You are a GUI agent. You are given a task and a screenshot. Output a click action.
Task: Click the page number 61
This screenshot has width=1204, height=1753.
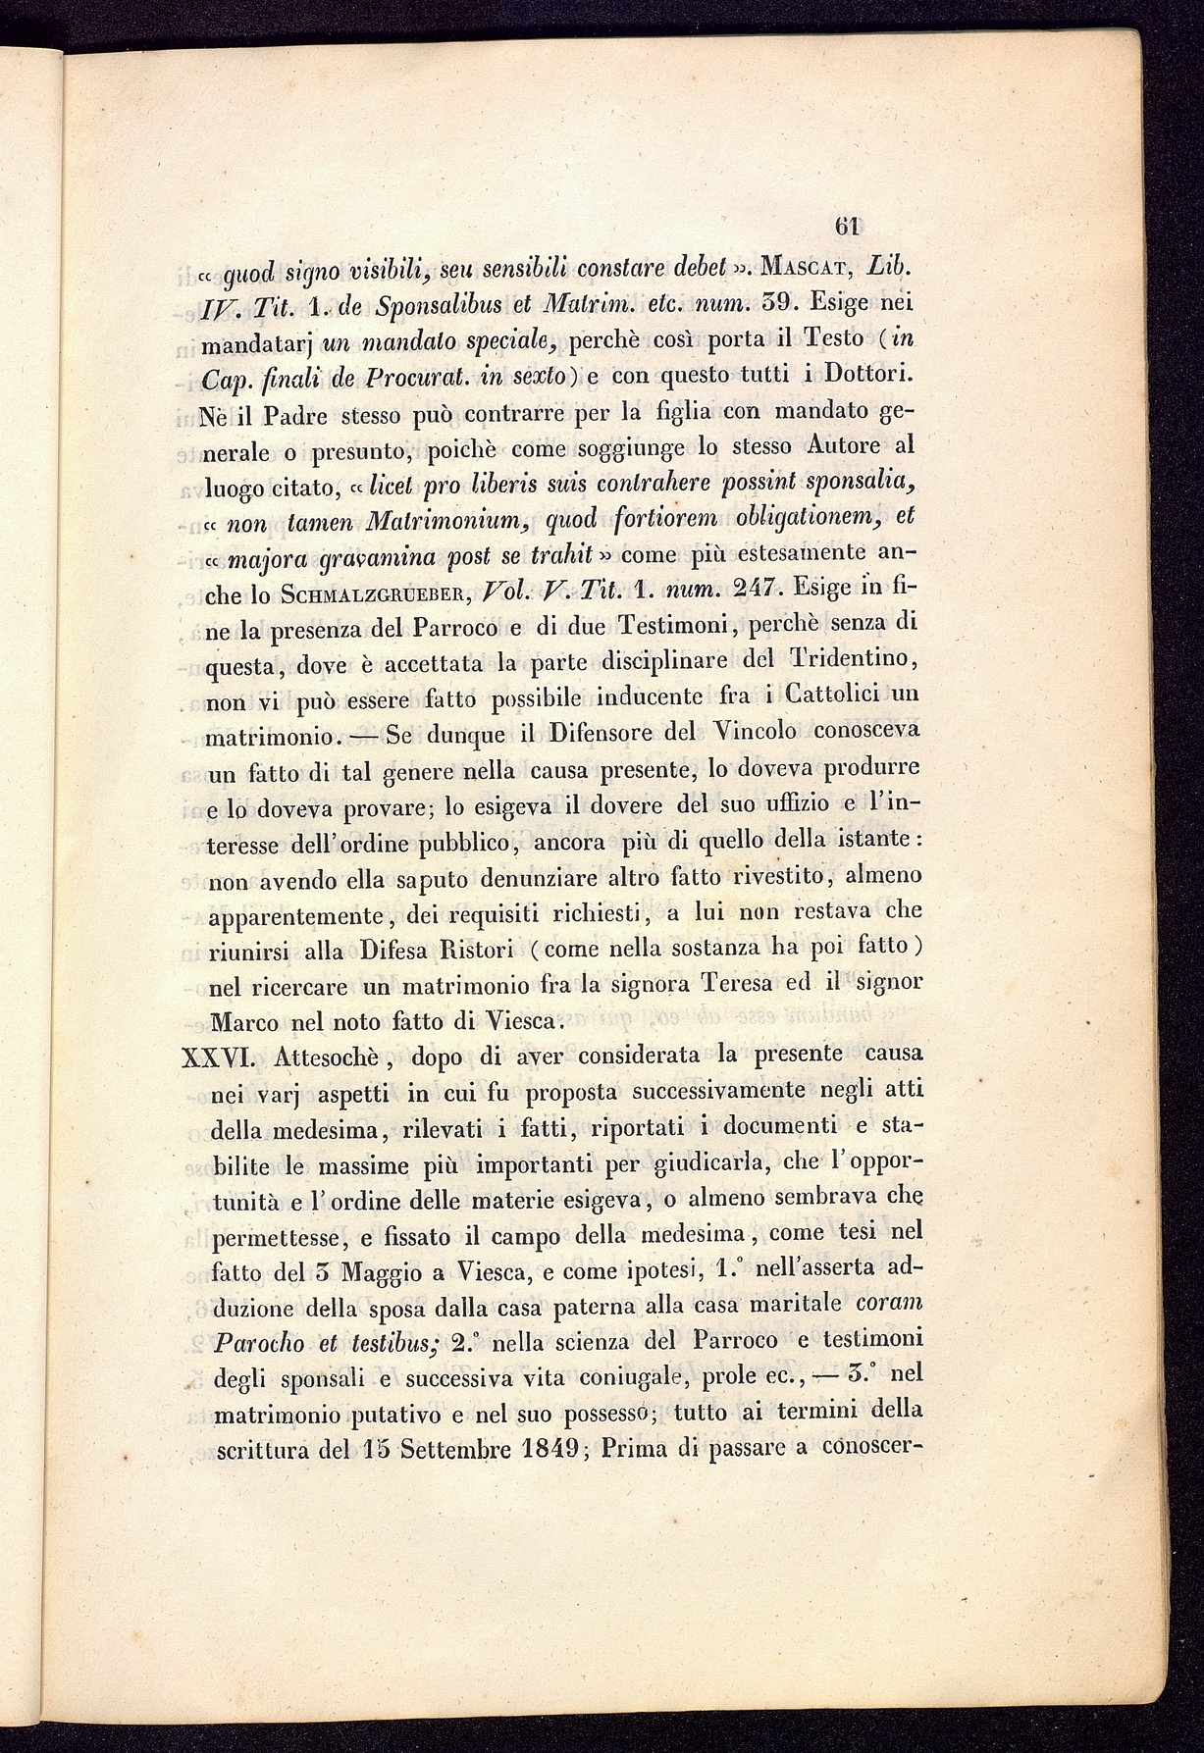tap(847, 227)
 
